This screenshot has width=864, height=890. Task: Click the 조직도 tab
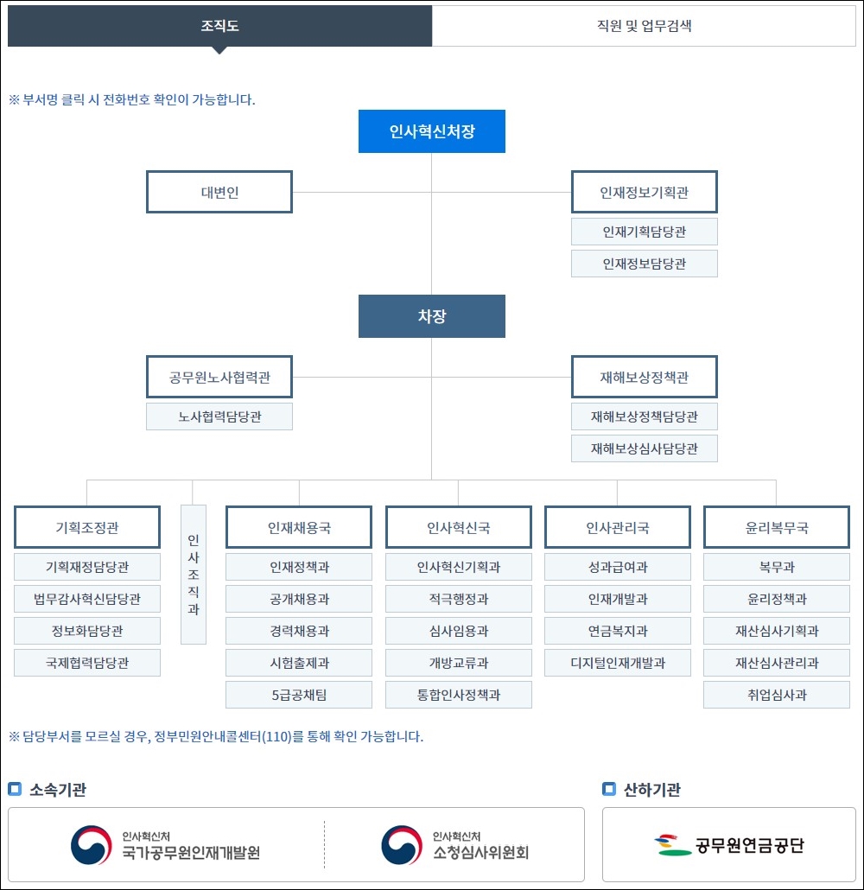[x=219, y=26]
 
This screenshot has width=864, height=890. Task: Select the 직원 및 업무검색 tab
[x=644, y=26]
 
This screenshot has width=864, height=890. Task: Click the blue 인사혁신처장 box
[x=432, y=131]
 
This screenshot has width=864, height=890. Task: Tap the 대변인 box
[x=219, y=192]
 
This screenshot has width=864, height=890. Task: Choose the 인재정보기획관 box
[x=645, y=192]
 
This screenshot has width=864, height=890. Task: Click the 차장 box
[x=432, y=316]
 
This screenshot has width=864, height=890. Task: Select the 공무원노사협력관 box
[x=219, y=377]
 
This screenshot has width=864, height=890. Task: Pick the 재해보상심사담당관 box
[x=645, y=448]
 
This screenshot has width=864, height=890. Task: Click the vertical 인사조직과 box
[x=194, y=575]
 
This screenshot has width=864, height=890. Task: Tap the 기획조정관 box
[x=87, y=527]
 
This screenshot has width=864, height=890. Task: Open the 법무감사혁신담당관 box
[x=87, y=599]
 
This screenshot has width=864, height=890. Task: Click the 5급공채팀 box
[x=299, y=695]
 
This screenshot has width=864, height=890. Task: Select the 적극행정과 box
[x=459, y=599]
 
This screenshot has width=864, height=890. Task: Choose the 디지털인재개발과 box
[x=618, y=663]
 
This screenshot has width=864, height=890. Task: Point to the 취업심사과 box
[x=777, y=695]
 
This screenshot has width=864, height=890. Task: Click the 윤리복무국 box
[x=777, y=527]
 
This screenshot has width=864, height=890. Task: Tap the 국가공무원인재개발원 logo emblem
[x=91, y=844]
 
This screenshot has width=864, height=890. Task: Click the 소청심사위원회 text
[x=480, y=853]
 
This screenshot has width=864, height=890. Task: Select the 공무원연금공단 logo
[x=729, y=844]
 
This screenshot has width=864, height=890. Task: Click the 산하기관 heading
[x=651, y=789]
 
